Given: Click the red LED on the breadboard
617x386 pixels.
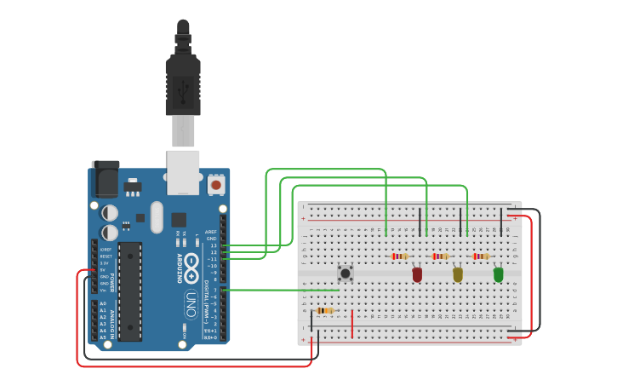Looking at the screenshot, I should coord(417,274).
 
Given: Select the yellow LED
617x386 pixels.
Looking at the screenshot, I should coord(458,274).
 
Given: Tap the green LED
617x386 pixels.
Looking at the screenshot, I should coord(499,274).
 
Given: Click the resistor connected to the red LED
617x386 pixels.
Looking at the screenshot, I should coord(400,256).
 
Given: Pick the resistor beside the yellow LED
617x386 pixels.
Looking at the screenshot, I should coord(440,256).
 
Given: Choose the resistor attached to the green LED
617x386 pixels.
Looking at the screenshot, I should coord(481,256).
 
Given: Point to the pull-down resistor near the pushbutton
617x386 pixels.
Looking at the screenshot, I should coord(324,310).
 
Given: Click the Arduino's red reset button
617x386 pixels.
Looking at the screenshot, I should coord(216,184).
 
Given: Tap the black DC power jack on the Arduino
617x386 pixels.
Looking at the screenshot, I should coord(106,179).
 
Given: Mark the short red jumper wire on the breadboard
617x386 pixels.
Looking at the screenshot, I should coord(351,323).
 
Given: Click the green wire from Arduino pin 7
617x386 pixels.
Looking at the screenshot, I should coord(281,290).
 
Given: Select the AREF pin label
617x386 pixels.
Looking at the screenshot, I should coord(211,232).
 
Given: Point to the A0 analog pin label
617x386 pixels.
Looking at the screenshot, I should coord(103,303).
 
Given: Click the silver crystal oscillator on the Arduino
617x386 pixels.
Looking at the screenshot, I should coord(157,217).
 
